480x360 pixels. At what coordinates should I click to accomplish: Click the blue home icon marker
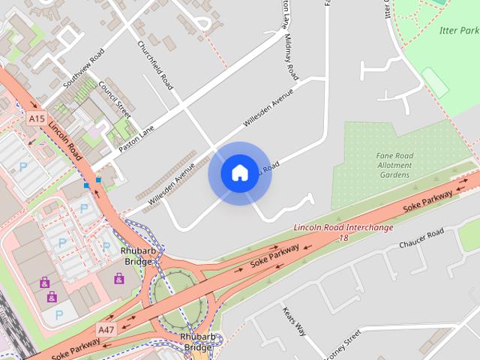tap(239, 173)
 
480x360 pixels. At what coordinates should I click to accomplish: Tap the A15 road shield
tap(36, 118)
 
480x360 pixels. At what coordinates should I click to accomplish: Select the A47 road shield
tap(106, 329)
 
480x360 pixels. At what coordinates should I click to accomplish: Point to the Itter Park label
tap(458, 31)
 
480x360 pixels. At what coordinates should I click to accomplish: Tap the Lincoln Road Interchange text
tap(343, 227)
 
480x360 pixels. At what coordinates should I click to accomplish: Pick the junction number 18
tap(343, 238)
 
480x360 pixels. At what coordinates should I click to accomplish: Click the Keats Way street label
tap(295, 320)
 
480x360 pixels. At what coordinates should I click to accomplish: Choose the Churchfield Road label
tap(155, 64)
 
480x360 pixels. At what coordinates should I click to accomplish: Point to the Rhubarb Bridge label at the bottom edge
tap(198, 342)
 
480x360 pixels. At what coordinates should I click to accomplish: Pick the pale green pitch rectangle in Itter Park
tap(435, 82)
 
